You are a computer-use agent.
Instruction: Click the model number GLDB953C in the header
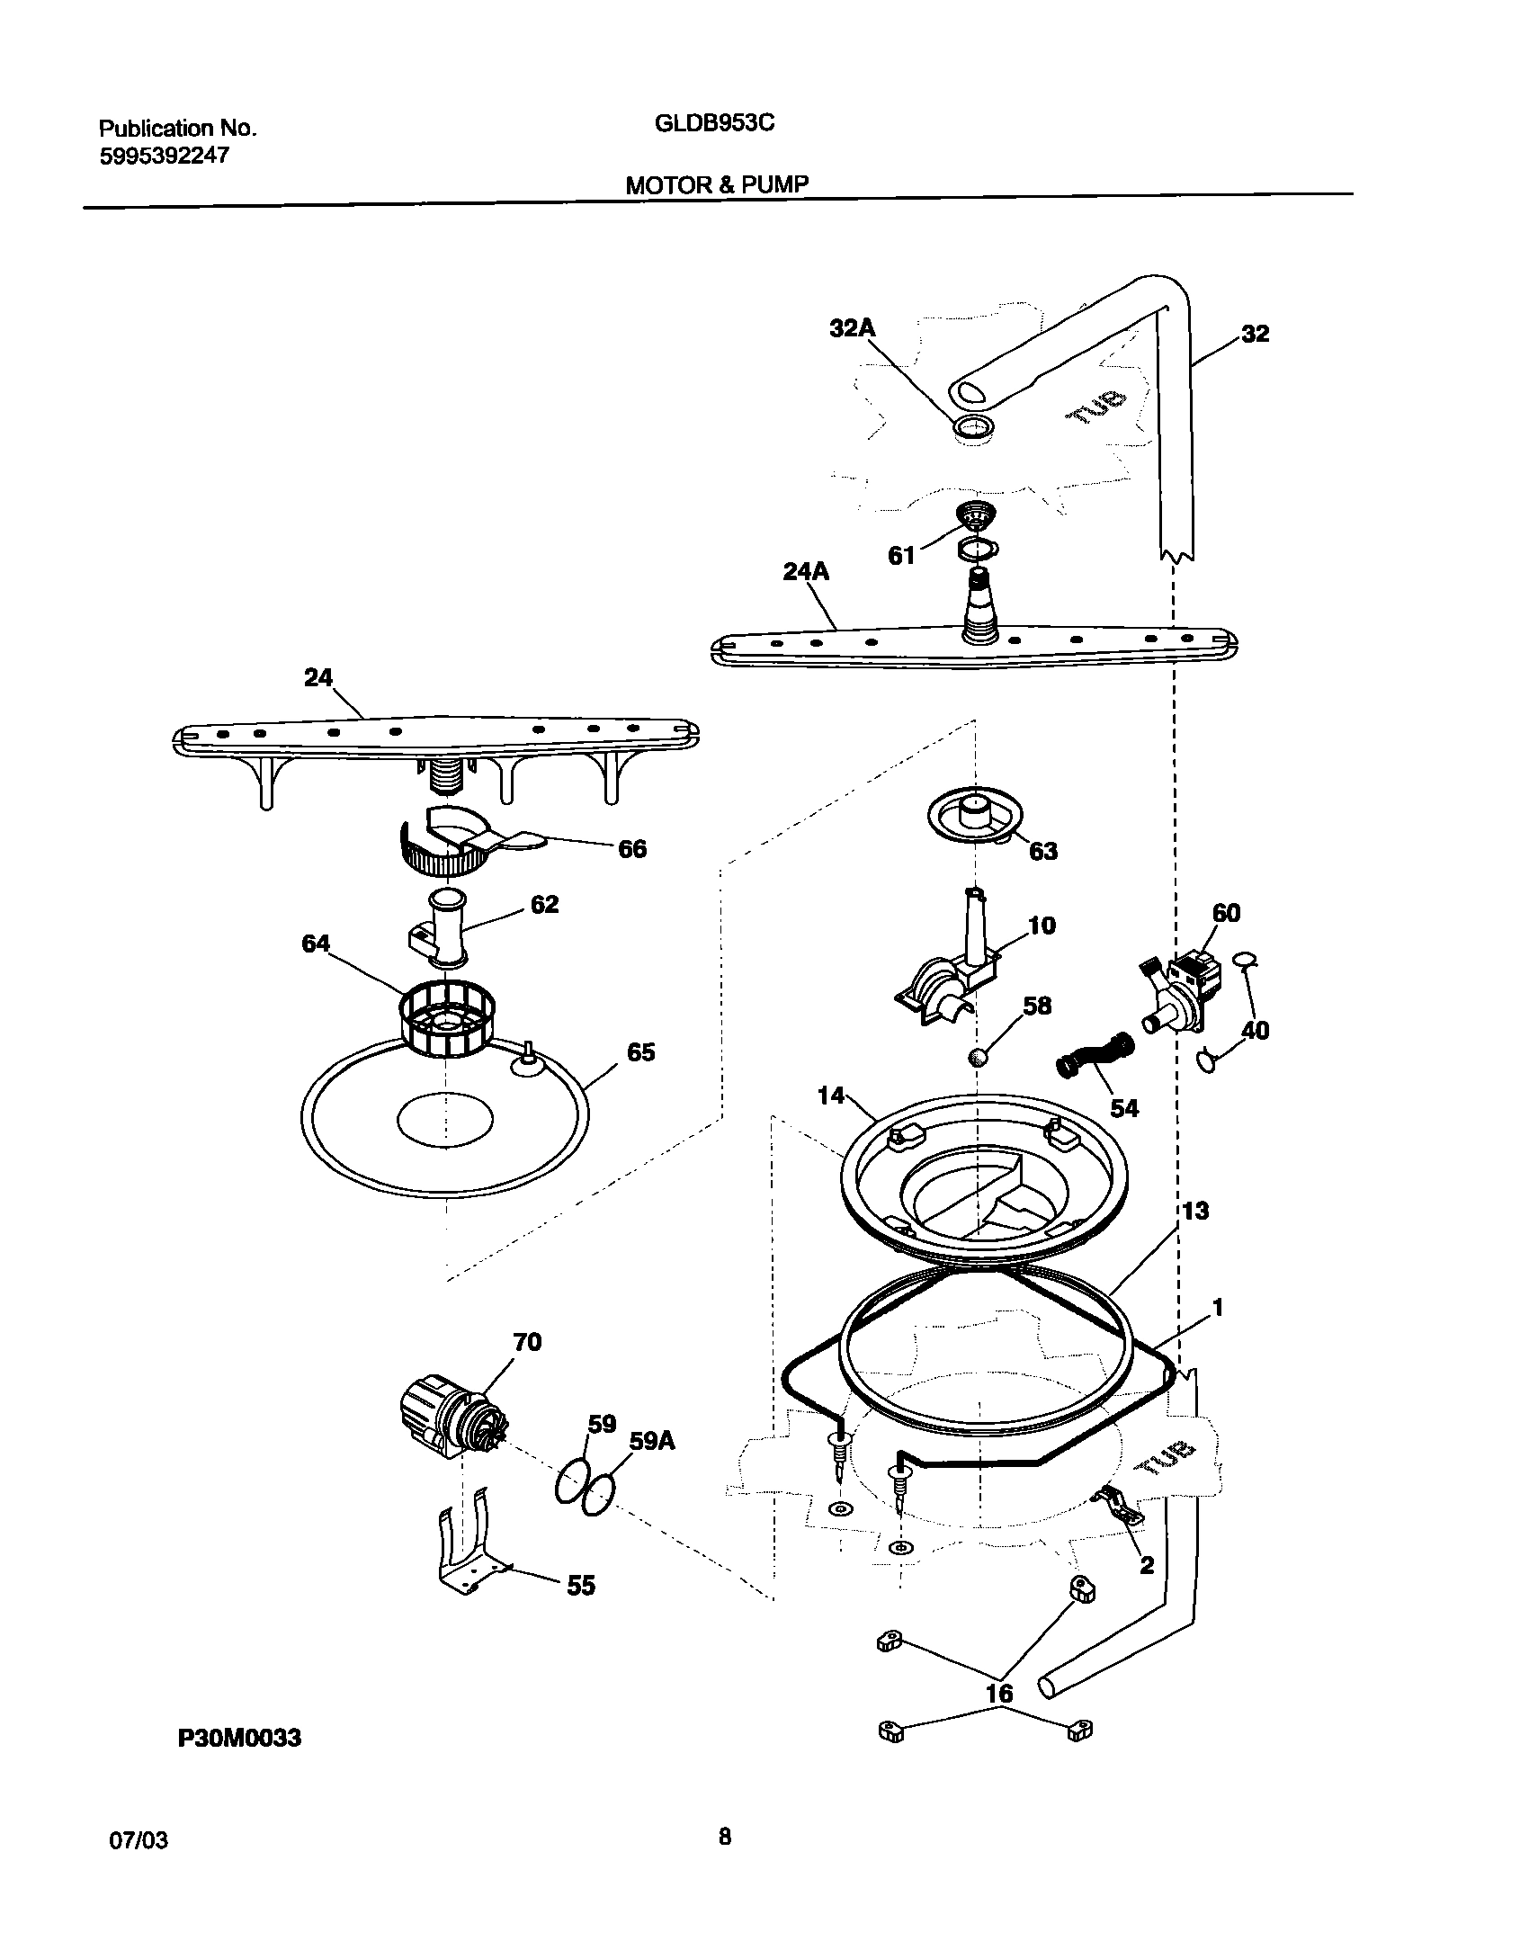714,124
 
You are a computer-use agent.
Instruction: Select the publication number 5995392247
164,156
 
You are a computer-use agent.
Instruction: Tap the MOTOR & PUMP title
717,184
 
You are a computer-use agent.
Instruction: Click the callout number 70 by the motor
527,1367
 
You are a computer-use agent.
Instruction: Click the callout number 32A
852,329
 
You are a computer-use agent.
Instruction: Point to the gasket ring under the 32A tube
974,428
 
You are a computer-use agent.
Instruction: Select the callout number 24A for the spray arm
806,572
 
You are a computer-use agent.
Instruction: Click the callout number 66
631,849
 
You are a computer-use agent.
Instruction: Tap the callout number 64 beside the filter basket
316,944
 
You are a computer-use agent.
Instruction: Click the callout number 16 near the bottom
999,1694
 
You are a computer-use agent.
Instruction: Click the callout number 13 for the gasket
1194,1211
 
